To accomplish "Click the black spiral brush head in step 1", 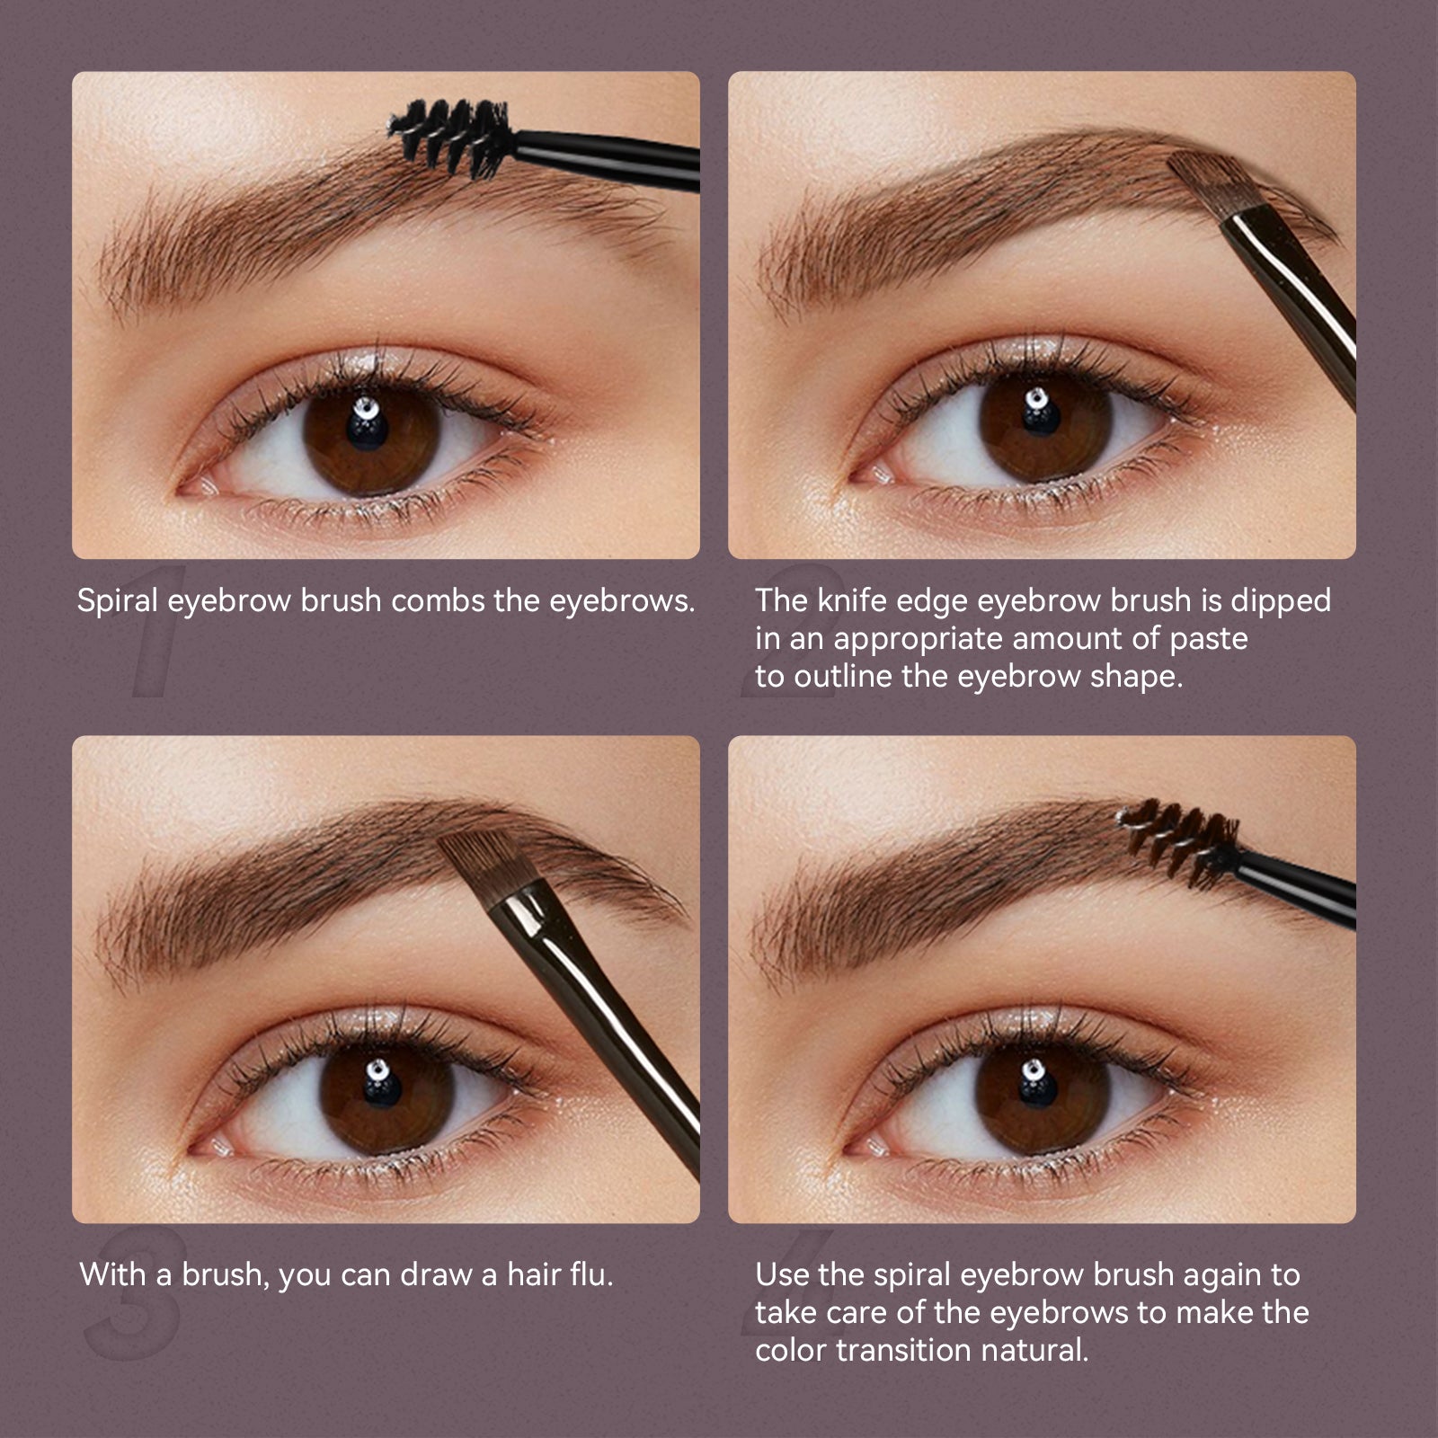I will [447, 137].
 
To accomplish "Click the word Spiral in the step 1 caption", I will [118, 601].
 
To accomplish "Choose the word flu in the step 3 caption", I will [591, 1274].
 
